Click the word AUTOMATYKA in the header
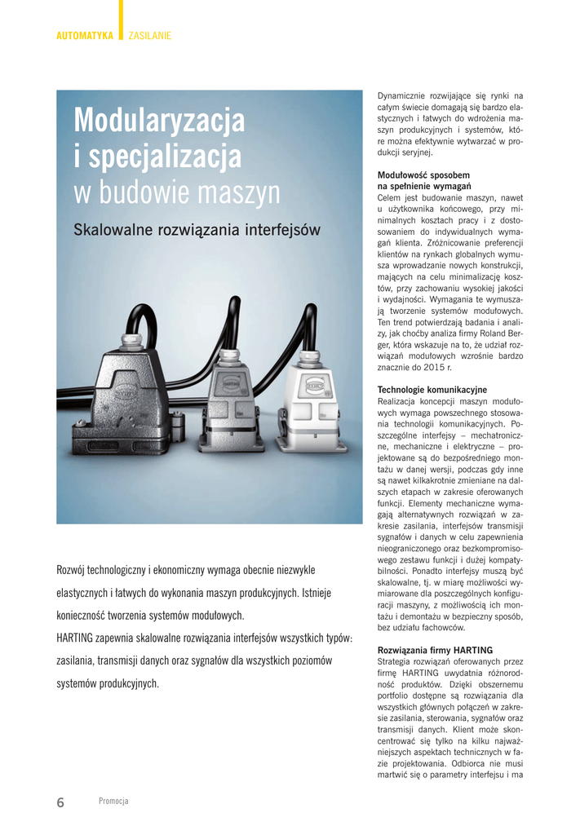[85, 36]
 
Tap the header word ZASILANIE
[150, 36]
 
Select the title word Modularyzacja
[159, 121]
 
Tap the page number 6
[60, 802]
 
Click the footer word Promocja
[113, 802]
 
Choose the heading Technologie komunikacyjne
[432, 390]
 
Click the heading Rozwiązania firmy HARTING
[435, 650]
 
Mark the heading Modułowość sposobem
[423, 175]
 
